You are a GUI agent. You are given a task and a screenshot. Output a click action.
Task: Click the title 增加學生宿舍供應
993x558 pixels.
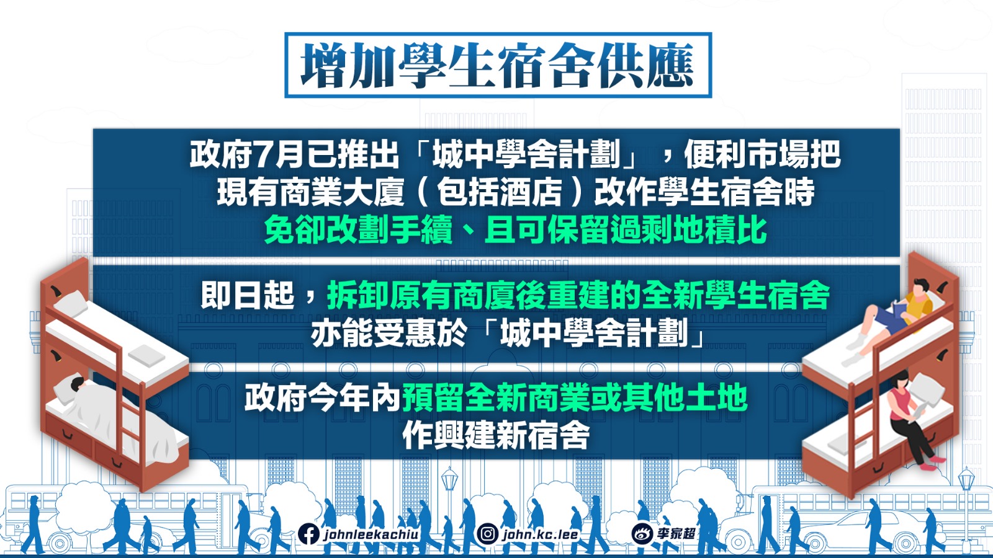(497, 65)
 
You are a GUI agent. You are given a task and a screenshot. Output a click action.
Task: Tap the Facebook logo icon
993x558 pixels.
(309, 534)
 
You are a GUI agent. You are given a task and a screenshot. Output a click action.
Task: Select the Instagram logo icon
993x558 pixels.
(488, 534)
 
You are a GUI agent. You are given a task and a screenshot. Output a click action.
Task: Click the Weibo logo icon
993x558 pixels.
(642, 534)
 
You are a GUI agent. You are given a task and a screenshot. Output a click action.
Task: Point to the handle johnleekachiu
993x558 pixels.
(371, 534)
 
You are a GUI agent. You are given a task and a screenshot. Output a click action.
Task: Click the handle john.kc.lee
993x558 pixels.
(540, 534)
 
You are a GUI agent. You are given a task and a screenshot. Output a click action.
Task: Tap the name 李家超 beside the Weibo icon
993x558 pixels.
(676, 534)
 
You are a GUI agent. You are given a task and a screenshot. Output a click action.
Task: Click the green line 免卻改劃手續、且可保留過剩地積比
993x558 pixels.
(515, 229)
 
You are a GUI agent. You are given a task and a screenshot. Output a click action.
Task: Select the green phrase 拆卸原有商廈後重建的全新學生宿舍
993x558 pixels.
(578, 295)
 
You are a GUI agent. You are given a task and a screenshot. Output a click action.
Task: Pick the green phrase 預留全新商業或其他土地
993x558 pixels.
(575, 397)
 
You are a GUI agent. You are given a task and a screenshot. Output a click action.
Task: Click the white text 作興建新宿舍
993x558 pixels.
(496, 435)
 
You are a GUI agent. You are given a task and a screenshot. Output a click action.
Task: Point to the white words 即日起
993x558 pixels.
(248, 295)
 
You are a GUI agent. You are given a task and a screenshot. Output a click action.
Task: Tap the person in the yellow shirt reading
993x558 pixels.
(891, 317)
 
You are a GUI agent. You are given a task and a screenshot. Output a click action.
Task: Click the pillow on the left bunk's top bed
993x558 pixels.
(71, 303)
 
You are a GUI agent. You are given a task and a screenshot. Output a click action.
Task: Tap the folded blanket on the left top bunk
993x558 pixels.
(146, 355)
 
